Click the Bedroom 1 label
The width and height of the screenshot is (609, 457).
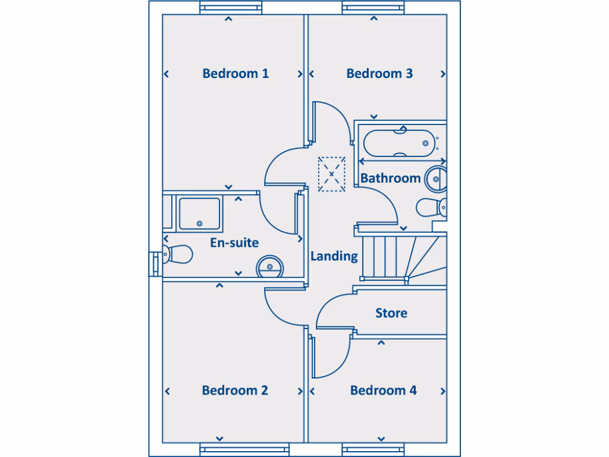click(236, 74)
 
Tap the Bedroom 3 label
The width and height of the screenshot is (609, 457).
click(379, 74)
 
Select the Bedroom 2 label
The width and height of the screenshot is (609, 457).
click(235, 390)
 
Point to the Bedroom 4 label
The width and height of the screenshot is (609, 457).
click(383, 390)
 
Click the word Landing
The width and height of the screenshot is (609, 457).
click(334, 256)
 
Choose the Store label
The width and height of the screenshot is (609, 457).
click(391, 313)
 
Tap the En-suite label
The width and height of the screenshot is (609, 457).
click(234, 243)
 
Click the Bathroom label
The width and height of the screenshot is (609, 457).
click(390, 178)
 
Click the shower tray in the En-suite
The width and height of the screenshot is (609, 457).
click(200, 214)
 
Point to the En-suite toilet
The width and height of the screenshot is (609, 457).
click(178, 254)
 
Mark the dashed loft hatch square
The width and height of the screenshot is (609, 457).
click(332, 174)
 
